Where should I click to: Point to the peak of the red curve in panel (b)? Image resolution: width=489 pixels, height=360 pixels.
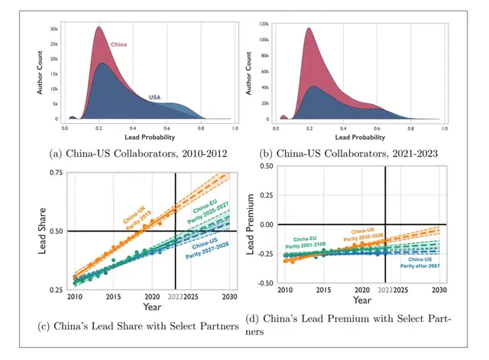point(308,28)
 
